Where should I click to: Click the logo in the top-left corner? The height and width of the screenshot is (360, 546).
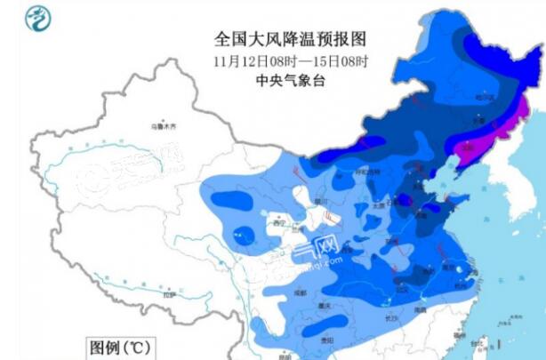click(x=36, y=18)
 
